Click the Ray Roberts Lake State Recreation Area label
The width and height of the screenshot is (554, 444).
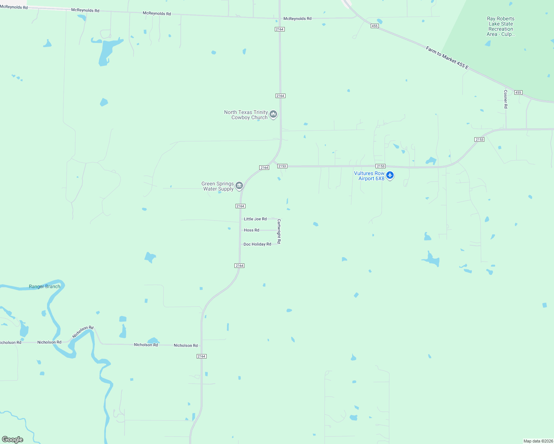(x=501, y=26)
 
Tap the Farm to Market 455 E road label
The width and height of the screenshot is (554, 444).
(x=447, y=58)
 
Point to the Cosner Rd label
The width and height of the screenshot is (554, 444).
(x=505, y=99)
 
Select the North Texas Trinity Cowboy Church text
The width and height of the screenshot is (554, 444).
(x=246, y=115)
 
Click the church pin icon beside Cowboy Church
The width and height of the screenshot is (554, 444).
(x=273, y=114)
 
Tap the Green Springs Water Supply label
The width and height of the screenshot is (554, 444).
(x=218, y=186)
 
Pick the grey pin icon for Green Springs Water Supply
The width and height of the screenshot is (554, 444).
(x=239, y=186)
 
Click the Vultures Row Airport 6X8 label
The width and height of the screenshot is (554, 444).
(x=369, y=176)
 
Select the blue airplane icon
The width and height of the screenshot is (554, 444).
(x=390, y=175)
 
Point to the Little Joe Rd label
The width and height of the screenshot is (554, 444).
(x=255, y=219)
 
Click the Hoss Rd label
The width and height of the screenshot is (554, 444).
(x=251, y=230)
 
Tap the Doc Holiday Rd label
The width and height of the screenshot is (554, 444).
(x=257, y=244)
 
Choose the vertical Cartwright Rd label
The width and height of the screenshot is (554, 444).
(x=279, y=231)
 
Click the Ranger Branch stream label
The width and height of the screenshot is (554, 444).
(x=44, y=286)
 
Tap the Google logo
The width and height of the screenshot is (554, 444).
(x=13, y=440)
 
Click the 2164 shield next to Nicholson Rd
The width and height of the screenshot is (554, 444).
(x=201, y=356)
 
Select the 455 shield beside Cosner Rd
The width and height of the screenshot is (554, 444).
(x=518, y=92)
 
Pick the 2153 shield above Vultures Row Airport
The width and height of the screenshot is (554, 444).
(x=380, y=166)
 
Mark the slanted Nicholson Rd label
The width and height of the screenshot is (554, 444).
(x=83, y=332)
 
